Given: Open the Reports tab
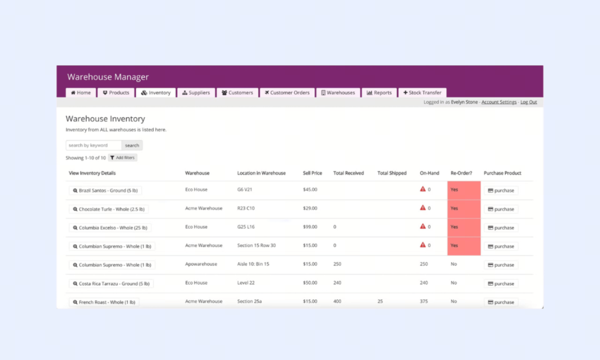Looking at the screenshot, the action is pos(379,93).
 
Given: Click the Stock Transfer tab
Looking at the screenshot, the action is pos(422,93).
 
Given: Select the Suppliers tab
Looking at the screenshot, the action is pos(196,93).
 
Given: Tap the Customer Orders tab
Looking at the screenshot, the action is pos(287,93).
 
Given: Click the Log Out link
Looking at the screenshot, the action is pos(528,102).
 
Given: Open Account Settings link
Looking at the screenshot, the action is pos(499,102).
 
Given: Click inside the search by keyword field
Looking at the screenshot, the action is pos(94,145).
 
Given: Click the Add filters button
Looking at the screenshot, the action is pos(123,157).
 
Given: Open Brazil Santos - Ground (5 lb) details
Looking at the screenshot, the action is pos(105,190).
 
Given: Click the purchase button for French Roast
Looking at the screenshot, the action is pos(501,302).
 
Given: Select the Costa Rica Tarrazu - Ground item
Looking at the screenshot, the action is pos(111,284).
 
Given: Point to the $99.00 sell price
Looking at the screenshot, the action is pos(310,227).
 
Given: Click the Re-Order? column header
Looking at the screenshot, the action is pos(461,173).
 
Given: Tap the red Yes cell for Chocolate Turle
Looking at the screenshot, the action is pos(464,209).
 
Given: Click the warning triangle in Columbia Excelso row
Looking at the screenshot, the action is pos(423,226).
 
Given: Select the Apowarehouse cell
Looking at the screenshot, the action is pos(201,264).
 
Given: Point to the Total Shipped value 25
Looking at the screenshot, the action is pos(380,301).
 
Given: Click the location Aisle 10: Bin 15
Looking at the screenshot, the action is pos(253,264).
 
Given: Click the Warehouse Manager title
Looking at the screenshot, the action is pos(108,77).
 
